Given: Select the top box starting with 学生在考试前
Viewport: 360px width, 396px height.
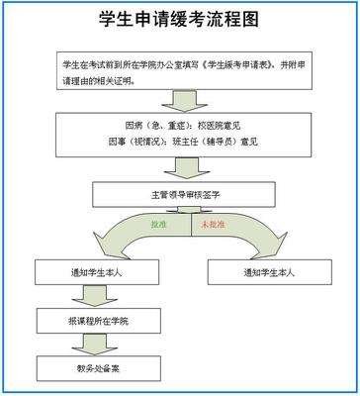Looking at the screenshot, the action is [179, 72].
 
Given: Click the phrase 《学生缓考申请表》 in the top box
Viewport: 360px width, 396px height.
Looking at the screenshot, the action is [239, 64].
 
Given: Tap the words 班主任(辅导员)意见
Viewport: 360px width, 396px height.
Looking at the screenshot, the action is [226, 143].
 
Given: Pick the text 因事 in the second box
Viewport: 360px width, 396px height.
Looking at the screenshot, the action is [140, 143].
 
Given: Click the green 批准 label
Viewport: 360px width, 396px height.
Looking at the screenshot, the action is [158, 227].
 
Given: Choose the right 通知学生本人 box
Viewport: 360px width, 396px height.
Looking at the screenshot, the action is [271, 270].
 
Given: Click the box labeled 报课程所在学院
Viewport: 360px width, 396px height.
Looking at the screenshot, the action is [91, 320].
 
